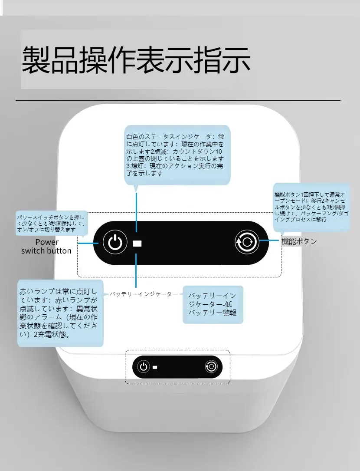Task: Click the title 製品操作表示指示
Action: pyautogui.click(x=136, y=59)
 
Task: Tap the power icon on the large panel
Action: pyautogui.click(x=115, y=242)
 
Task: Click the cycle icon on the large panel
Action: pyautogui.click(x=247, y=242)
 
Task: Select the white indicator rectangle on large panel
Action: pyautogui.click(x=137, y=244)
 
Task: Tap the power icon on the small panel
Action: pyautogui.click(x=144, y=367)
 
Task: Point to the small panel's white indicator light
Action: pyautogui.click(x=155, y=367)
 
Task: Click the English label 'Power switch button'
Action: pyautogui.click(x=46, y=246)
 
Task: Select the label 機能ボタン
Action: pyautogui.click(x=299, y=241)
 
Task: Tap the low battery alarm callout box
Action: pyautogui.click(x=213, y=304)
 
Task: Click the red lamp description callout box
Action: pyautogui.click(x=60, y=313)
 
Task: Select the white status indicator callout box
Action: pyautogui.click(x=177, y=155)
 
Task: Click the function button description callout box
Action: pyautogui.click(x=311, y=207)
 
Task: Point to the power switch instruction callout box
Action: pyautogui.click(x=52, y=223)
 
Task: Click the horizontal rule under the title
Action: pyautogui.click(x=178, y=101)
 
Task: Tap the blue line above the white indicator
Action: pyautogui.click(x=136, y=213)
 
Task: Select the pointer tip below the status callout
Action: pyautogui.click(x=136, y=189)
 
